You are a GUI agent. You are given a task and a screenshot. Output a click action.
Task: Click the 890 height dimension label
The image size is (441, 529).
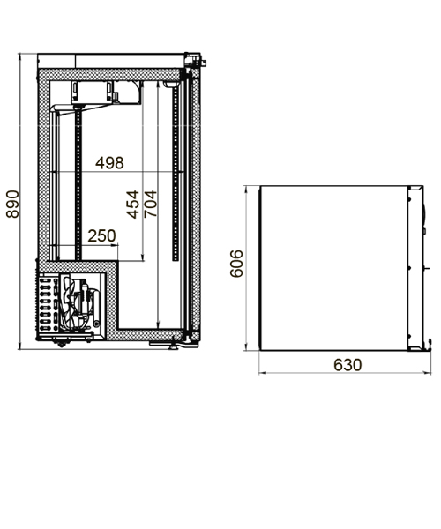pos(12,205)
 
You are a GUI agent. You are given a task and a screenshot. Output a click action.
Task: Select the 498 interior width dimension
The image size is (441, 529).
pos(109,163)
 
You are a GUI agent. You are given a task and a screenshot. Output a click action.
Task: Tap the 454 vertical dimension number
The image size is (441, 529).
pos(132,205)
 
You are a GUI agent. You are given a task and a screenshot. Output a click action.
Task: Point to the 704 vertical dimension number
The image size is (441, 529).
pos(150,204)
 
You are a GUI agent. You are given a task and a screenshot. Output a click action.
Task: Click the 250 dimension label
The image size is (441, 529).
pos(101,235)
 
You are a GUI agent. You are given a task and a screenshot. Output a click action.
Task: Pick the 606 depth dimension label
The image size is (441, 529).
pos(236,264)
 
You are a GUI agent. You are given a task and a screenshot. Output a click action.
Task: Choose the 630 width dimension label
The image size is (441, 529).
pos(348,365)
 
